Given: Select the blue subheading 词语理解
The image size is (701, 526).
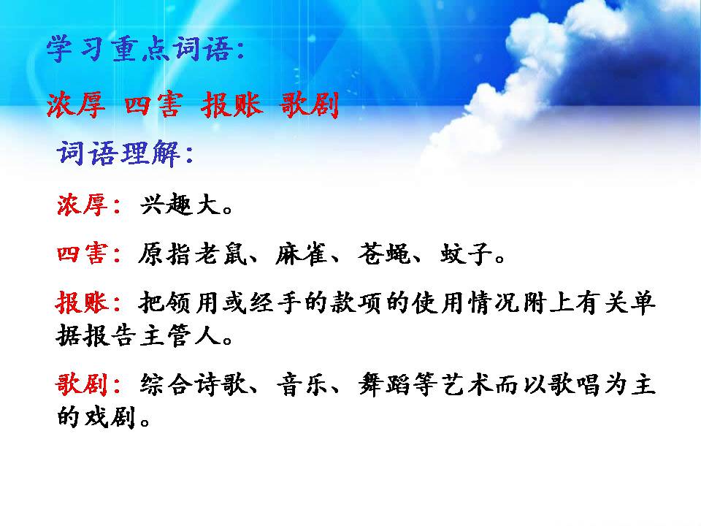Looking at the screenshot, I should (124, 154).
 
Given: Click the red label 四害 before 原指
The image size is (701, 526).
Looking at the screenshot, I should (82, 255).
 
